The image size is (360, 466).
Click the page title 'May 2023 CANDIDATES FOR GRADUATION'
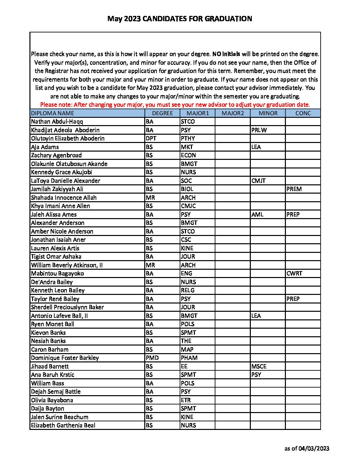coord(180,19)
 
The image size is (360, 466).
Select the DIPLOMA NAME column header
coord(53,113)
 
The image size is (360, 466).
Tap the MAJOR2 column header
coord(233,113)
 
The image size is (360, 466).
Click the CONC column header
coord(303,113)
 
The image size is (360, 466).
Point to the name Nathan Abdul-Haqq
coord(57,121)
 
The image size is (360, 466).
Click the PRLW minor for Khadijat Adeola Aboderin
coord(259,130)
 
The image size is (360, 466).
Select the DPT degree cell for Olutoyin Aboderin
coord(151,138)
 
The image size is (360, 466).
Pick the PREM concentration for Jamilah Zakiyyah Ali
coord(294,189)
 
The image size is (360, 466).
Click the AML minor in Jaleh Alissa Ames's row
coord(257,214)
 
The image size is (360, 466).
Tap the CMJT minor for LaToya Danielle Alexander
coord(258,181)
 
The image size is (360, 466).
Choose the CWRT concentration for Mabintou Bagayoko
coord(294,273)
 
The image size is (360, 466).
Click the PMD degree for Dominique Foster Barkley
coord(152,358)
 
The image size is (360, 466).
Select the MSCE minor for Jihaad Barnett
coord(259,366)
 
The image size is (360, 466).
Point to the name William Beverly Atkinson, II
coord(67,265)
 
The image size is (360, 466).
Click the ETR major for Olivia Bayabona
coord(186,400)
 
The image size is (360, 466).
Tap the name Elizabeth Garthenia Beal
coord(63,425)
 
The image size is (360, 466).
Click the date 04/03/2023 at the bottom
coord(314,448)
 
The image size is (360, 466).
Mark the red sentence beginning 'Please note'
coord(175,105)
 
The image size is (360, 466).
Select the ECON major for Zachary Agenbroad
coord(188,155)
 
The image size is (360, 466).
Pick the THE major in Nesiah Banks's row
coord(186,341)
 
